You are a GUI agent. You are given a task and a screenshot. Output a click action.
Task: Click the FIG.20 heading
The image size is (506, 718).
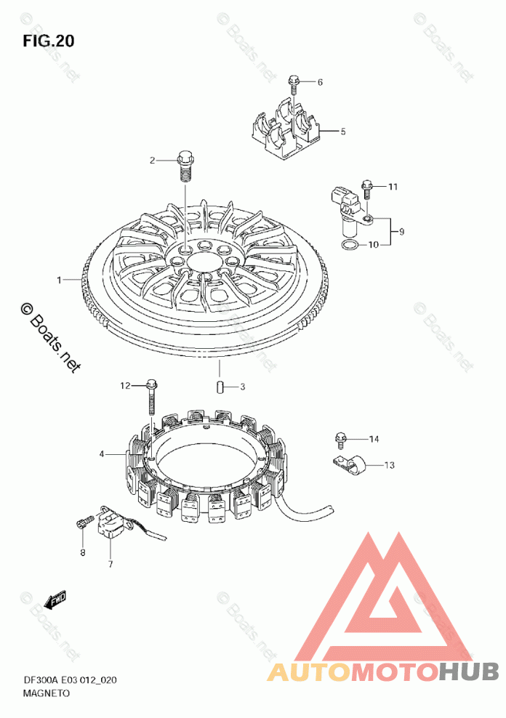tap(48, 41)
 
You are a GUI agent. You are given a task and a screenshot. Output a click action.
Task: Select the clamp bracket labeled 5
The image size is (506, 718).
tap(286, 129)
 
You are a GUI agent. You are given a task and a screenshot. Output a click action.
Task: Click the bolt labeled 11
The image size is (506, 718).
tap(367, 190)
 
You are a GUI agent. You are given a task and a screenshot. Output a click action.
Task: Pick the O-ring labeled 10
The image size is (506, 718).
tap(350, 244)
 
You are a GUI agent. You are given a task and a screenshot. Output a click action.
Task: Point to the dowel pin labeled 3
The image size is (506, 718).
tap(220, 387)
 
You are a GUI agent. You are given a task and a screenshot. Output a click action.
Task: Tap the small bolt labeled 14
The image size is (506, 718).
tap(340, 440)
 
